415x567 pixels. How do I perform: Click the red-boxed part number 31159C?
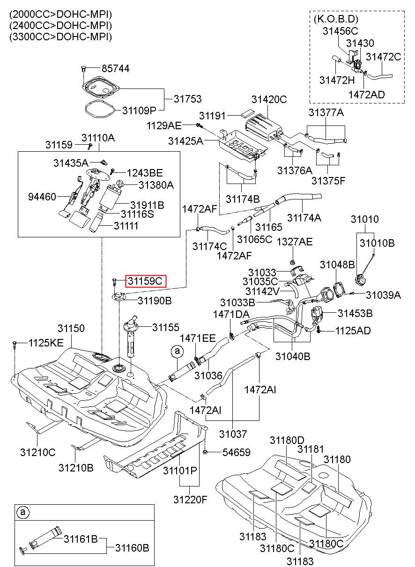tap(145, 281)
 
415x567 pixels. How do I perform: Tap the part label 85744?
tap(116, 68)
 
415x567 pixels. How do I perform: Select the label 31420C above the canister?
tap(269, 99)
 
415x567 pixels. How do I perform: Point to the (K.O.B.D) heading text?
tap(336, 19)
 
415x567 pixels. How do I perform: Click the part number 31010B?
tap(377, 243)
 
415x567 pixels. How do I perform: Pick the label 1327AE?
tap(295, 242)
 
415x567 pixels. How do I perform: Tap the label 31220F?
tap(190, 500)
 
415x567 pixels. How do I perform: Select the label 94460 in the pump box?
tap(42, 197)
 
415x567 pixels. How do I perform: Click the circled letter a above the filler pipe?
tap(177, 351)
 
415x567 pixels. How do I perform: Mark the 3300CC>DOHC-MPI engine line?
tap(60, 37)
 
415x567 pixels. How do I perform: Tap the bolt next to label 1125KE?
tap(15, 344)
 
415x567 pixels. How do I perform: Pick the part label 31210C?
tap(38, 452)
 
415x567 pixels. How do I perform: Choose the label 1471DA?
tap(231, 314)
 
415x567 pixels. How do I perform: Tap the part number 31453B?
tap(355, 313)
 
